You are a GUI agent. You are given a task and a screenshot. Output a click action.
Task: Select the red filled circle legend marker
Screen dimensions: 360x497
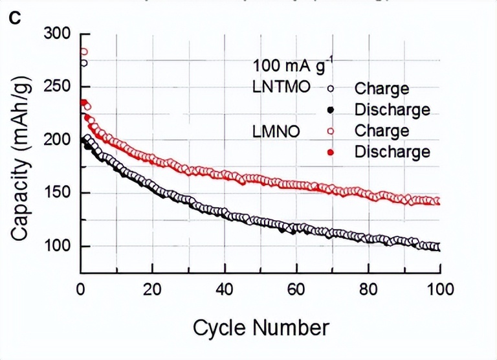click(331, 152)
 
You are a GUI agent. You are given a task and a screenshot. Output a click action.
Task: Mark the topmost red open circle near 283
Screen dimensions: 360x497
click(83, 52)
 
